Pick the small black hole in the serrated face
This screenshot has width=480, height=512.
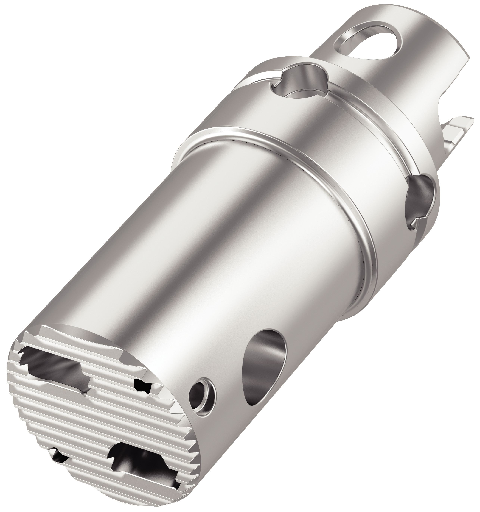tap(142, 386)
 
